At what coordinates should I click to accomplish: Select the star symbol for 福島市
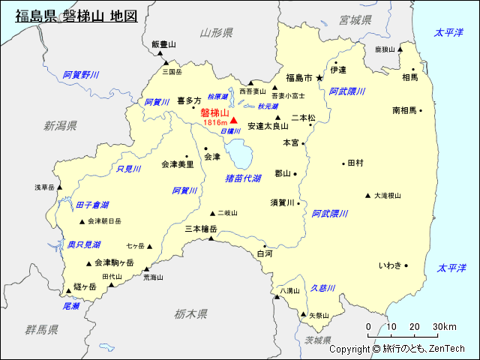click(319, 77)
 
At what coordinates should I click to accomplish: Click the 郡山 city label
click(283, 173)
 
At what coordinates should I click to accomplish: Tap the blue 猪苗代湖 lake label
click(243, 178)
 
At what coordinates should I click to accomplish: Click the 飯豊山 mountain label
click(163, 45)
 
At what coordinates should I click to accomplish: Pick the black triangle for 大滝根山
click(367, 196)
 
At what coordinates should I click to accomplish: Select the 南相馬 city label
click(404, 110)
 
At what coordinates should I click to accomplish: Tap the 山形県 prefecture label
click(216, 33)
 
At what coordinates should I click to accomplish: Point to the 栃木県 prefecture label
click(190, 313)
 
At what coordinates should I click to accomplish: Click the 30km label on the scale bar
click(444, 327)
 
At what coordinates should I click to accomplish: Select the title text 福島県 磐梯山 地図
click(76, 15)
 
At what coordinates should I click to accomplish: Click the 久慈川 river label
click(324, 287)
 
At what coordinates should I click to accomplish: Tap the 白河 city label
click(265, 254)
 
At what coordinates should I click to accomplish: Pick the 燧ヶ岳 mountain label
click(85, 286)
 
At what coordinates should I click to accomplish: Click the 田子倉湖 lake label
click(92, 205)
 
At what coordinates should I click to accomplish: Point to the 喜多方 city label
click(189, 100)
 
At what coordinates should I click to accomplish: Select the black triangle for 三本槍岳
click(211, 238)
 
